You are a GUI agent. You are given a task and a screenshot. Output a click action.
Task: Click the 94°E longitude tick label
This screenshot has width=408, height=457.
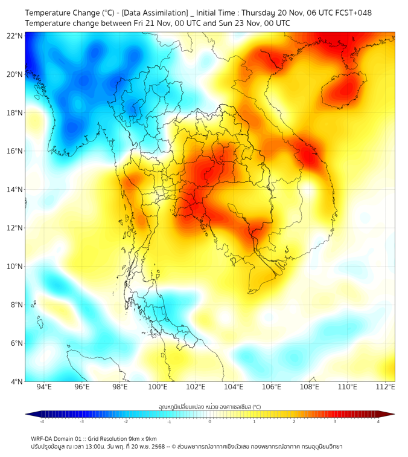[44, 387]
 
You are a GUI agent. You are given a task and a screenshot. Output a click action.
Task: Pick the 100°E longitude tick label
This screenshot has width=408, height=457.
[158, 387]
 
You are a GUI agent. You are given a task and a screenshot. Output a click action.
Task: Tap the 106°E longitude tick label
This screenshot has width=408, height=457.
[272, 387]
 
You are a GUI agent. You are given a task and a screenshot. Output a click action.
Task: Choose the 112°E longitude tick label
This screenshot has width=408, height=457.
[386, 387]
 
